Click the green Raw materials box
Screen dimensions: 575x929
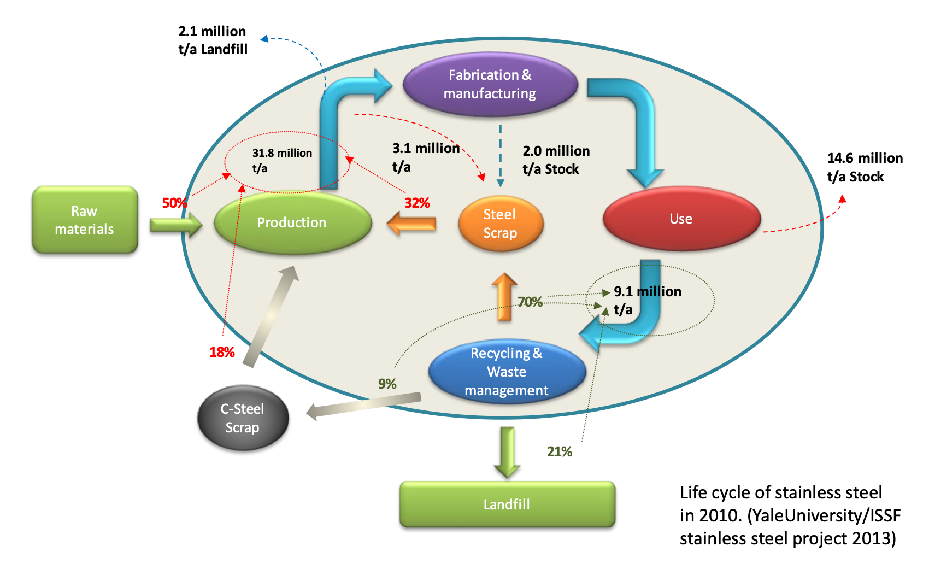click(85, 220)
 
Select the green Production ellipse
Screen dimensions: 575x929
click(292, 222)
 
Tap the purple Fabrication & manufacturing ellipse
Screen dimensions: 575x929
click(490, 84)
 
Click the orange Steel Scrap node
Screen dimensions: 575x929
click(500, 224)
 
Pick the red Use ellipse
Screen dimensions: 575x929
click(681, 219)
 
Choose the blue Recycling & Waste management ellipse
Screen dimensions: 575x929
click(507, 372)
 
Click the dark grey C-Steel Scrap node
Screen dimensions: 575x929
click(243, 418)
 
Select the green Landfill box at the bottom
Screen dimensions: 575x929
click(507, 504)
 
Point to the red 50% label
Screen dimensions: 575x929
click(174, 203)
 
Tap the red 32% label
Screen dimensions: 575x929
click(417, 203)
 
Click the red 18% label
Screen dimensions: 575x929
click(222, 352)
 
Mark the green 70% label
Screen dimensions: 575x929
click(530, 302)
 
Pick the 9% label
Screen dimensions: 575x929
click(387, 384)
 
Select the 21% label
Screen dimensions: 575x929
click(559, 451)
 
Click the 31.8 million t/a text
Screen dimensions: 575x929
click(281, 160)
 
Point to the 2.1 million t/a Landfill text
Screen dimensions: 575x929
click(213, 40)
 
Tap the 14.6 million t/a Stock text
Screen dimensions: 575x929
click(865, 167)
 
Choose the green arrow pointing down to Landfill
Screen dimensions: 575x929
click(507, 451)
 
